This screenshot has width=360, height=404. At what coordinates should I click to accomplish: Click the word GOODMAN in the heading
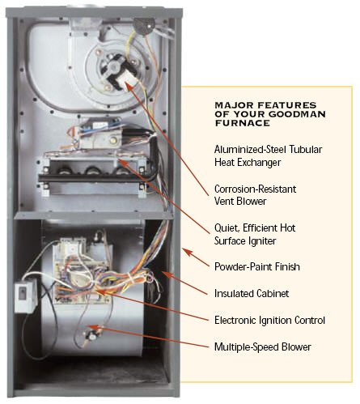297,114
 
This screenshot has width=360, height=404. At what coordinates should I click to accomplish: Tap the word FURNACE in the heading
243,123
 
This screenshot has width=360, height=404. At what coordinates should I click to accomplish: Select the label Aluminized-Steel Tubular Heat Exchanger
268,155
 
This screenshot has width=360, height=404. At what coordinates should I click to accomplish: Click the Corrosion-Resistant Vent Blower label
255,195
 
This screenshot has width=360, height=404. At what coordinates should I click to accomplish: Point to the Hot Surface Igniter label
255,234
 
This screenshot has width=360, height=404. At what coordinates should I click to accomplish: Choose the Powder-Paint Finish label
257,266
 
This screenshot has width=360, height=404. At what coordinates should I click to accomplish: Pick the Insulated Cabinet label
252,293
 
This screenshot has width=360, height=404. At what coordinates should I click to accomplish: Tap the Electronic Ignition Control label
269,320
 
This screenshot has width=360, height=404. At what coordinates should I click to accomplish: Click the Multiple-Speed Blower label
263,347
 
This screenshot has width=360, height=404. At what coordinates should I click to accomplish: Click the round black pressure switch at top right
144,26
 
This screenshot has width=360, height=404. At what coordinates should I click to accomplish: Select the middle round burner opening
92,171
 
